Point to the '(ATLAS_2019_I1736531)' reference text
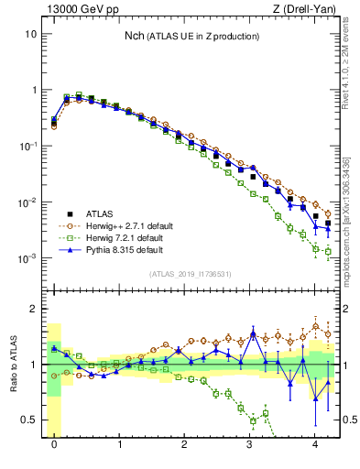point(191,273)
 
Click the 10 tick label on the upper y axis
point(30,34)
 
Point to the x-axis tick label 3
point(250,444)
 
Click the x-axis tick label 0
point(54,444)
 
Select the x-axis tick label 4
point(315,444)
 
